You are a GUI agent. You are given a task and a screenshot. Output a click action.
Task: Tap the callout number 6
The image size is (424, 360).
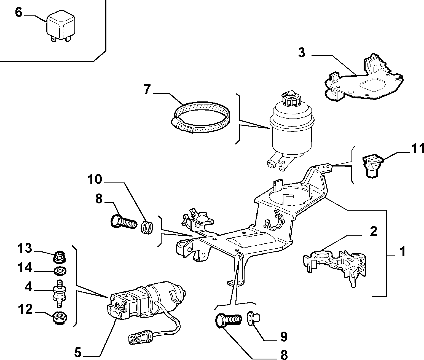click(x=18, y=12)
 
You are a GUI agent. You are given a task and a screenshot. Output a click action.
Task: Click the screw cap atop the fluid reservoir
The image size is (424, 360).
click(x=288, y=100)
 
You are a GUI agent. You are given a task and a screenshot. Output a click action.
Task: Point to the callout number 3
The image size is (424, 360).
click(x=302, y=53)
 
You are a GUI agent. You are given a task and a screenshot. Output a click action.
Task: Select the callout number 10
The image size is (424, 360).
click(x=95, y=179)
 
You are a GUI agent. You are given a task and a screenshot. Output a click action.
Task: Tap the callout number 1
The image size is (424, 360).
click(x=403, y=252)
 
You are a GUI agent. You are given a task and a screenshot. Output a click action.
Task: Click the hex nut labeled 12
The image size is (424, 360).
click(x=60, y=318)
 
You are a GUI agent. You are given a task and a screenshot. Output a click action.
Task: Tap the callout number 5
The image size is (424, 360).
click(x=78, y=353)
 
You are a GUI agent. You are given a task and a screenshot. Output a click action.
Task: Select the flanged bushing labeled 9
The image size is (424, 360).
click(x=253, y=319)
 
